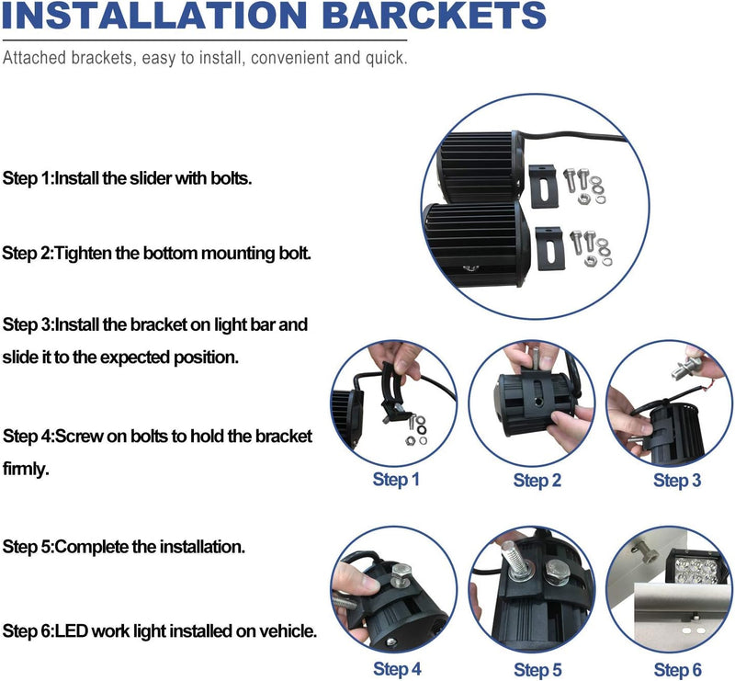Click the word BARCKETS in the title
tap(434, 16)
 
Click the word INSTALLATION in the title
tap(154, 16)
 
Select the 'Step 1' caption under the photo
tap(396, 480)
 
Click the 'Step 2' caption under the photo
tap(537, 481)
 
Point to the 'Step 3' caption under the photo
tap(677, 481)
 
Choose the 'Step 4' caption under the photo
tap(397, 669)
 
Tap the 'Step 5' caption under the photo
tap(537, 669)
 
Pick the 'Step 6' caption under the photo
tap(677, 669)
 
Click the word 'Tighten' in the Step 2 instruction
tap(83, 254)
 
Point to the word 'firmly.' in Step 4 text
tap(26, 469)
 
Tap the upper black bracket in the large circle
tap(544, 186)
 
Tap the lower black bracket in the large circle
tap(550, 248)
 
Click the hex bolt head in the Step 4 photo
tap(401, 572)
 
